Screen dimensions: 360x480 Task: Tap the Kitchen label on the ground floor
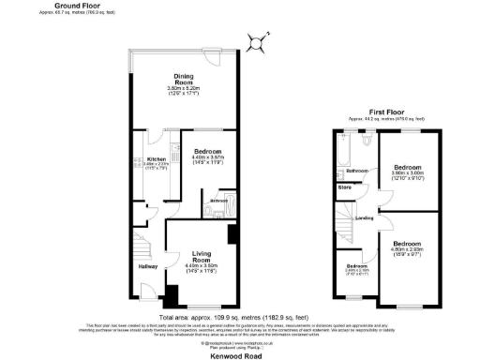click(155, 159)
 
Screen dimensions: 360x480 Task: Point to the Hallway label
click(148, 267)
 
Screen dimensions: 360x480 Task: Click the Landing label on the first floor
click(365, 218)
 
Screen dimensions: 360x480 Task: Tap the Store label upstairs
click(345, 187)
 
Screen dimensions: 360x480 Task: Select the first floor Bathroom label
click(356, 172)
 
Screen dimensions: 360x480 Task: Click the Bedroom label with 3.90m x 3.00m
click(407, 168)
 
